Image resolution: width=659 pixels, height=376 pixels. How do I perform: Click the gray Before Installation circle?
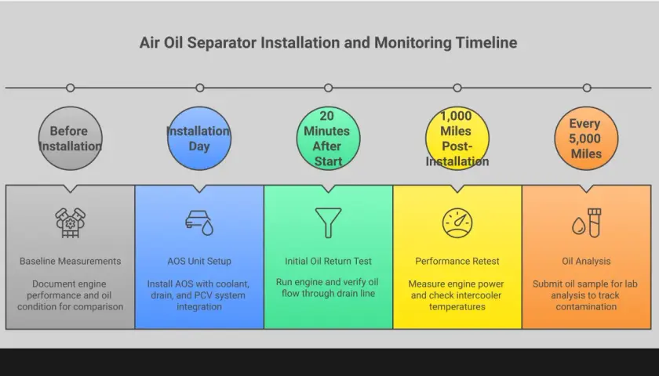(70, 139)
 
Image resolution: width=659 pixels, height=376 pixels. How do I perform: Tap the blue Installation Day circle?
(199, 139)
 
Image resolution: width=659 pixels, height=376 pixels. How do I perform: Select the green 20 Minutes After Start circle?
(328, 139)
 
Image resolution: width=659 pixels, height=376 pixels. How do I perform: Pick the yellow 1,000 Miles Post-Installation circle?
(457, 139)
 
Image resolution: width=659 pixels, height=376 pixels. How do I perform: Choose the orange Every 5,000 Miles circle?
(586, 139)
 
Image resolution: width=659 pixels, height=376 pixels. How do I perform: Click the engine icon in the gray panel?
(70, 222)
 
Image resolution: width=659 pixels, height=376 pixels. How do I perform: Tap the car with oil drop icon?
(199, 222)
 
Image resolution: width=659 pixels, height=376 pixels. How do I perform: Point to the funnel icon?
(328, 222)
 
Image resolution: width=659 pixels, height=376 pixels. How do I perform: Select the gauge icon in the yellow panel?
(457, 222)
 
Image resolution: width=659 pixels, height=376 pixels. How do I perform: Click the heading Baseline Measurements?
(70, 261)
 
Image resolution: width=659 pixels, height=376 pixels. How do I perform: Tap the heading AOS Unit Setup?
(199, 261)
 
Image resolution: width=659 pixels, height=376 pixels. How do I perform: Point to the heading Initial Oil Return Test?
(328, 261)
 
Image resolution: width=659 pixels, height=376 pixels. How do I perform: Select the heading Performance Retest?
(457, 261)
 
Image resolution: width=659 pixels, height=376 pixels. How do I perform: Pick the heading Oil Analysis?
(586, 261)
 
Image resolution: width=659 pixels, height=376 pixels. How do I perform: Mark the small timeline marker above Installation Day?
(200, 88)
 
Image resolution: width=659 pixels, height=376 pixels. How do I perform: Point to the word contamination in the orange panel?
(586, 307)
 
